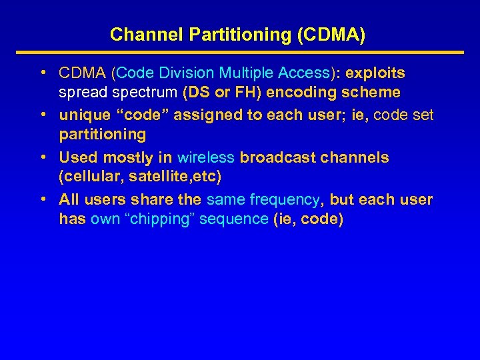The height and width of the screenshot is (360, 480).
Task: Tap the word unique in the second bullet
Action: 80,115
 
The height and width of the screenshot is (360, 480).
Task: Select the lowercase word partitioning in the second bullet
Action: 102,134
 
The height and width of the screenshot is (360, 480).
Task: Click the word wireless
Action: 205,157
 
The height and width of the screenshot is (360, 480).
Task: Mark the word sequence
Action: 236,219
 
